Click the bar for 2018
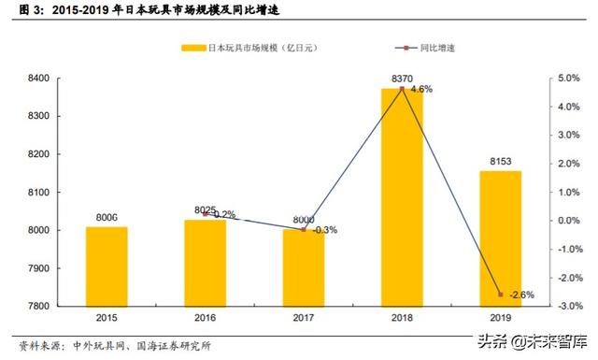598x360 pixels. (x=402, y=197)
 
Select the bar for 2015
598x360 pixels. (x=107, y=266)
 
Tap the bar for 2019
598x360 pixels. (x=500, y=238)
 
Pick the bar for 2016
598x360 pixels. (x=205, y=263)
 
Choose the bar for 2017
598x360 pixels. (x=303, y=267)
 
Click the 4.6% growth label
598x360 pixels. (x=421, y=90)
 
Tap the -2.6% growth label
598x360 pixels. (x=521, y=295)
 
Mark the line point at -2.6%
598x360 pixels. (x=500, y=295)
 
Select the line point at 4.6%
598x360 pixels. (x=402, y=89)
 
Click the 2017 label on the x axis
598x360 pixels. (x=303, y=318)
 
